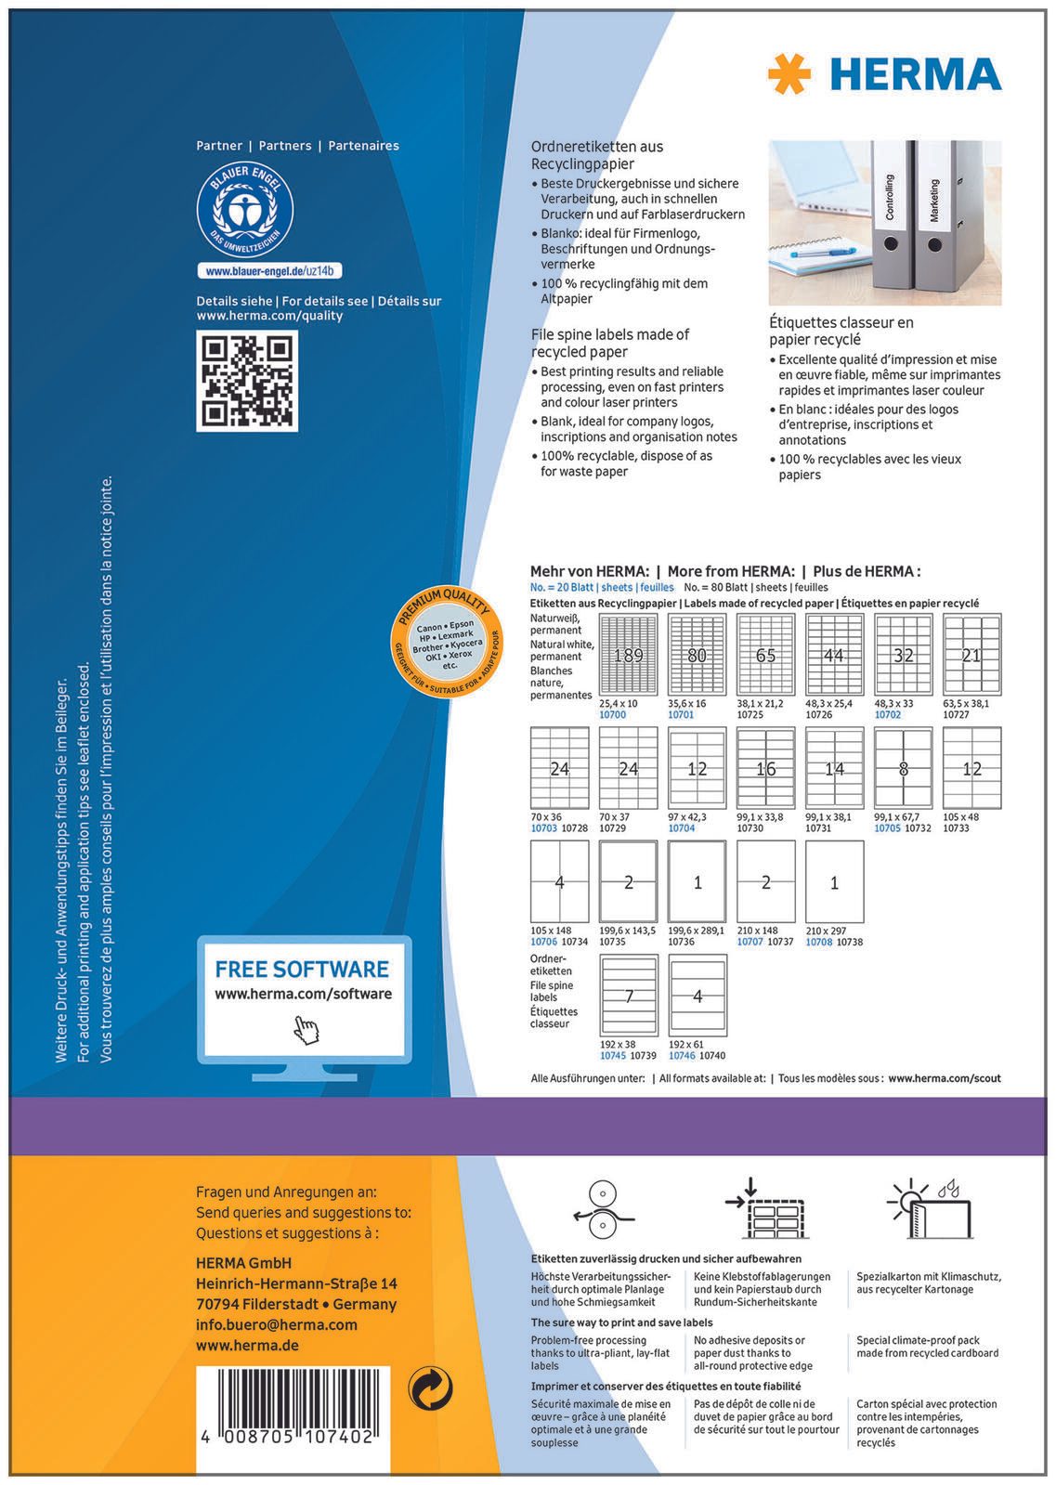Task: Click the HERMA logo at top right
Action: pyautogui.click(x=884, y=73)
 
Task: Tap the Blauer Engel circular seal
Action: pyautogui.click(x=245, y=215)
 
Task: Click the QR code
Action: pyautogui.click(x=247, y=381)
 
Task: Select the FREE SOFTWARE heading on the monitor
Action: pyautogui.click(x=302, y=970)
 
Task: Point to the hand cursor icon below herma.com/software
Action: pyautogui.click(x=305, y=1030)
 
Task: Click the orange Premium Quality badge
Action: pyautogui.click(x=449, y=641)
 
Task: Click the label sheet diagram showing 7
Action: pyautogui.click(x=629, y=996)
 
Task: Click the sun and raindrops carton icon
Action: pyautogui.click(x=930, y=1208)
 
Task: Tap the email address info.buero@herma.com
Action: pyautogui.click(x=277, y=1324)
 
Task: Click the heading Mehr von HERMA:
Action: pyautogui.click(x=589, y=571)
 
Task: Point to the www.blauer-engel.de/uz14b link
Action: pyautogui.click(x=269, y=271)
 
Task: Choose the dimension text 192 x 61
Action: pyautogui.click(x=687, y=1045)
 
